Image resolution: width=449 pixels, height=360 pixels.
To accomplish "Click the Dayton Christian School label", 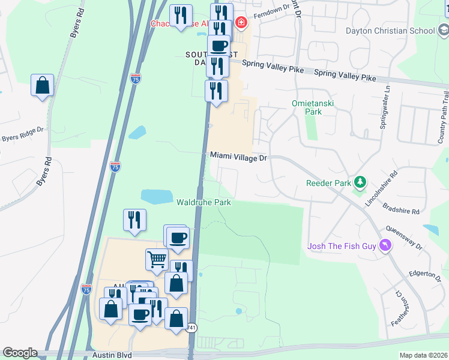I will pyautogui.click(x=390, y=31).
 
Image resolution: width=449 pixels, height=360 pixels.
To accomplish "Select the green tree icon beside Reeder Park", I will pyautogui.click(x=360, y=181).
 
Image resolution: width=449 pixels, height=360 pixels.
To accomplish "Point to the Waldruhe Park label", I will pyautogui.click(x=203, y=202).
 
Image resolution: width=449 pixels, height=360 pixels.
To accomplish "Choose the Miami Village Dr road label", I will pyautogui.click(x=238, y=156).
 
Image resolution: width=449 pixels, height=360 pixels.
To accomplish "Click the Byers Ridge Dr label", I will pyautogui.click(x=23, y=134).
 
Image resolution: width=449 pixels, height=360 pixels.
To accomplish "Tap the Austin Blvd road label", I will pyautogui.click(x=112, y=355).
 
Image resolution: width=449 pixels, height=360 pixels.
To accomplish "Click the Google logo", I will pyautogui.click(x=20, y=353).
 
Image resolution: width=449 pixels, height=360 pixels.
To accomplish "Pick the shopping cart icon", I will pyautogui.click(x=157, y=259).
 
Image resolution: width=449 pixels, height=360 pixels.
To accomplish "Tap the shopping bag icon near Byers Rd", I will pyautogui.click(x=43, y=86).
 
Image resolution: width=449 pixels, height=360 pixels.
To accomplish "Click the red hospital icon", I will pyautogui.click(x=241, y=23).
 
